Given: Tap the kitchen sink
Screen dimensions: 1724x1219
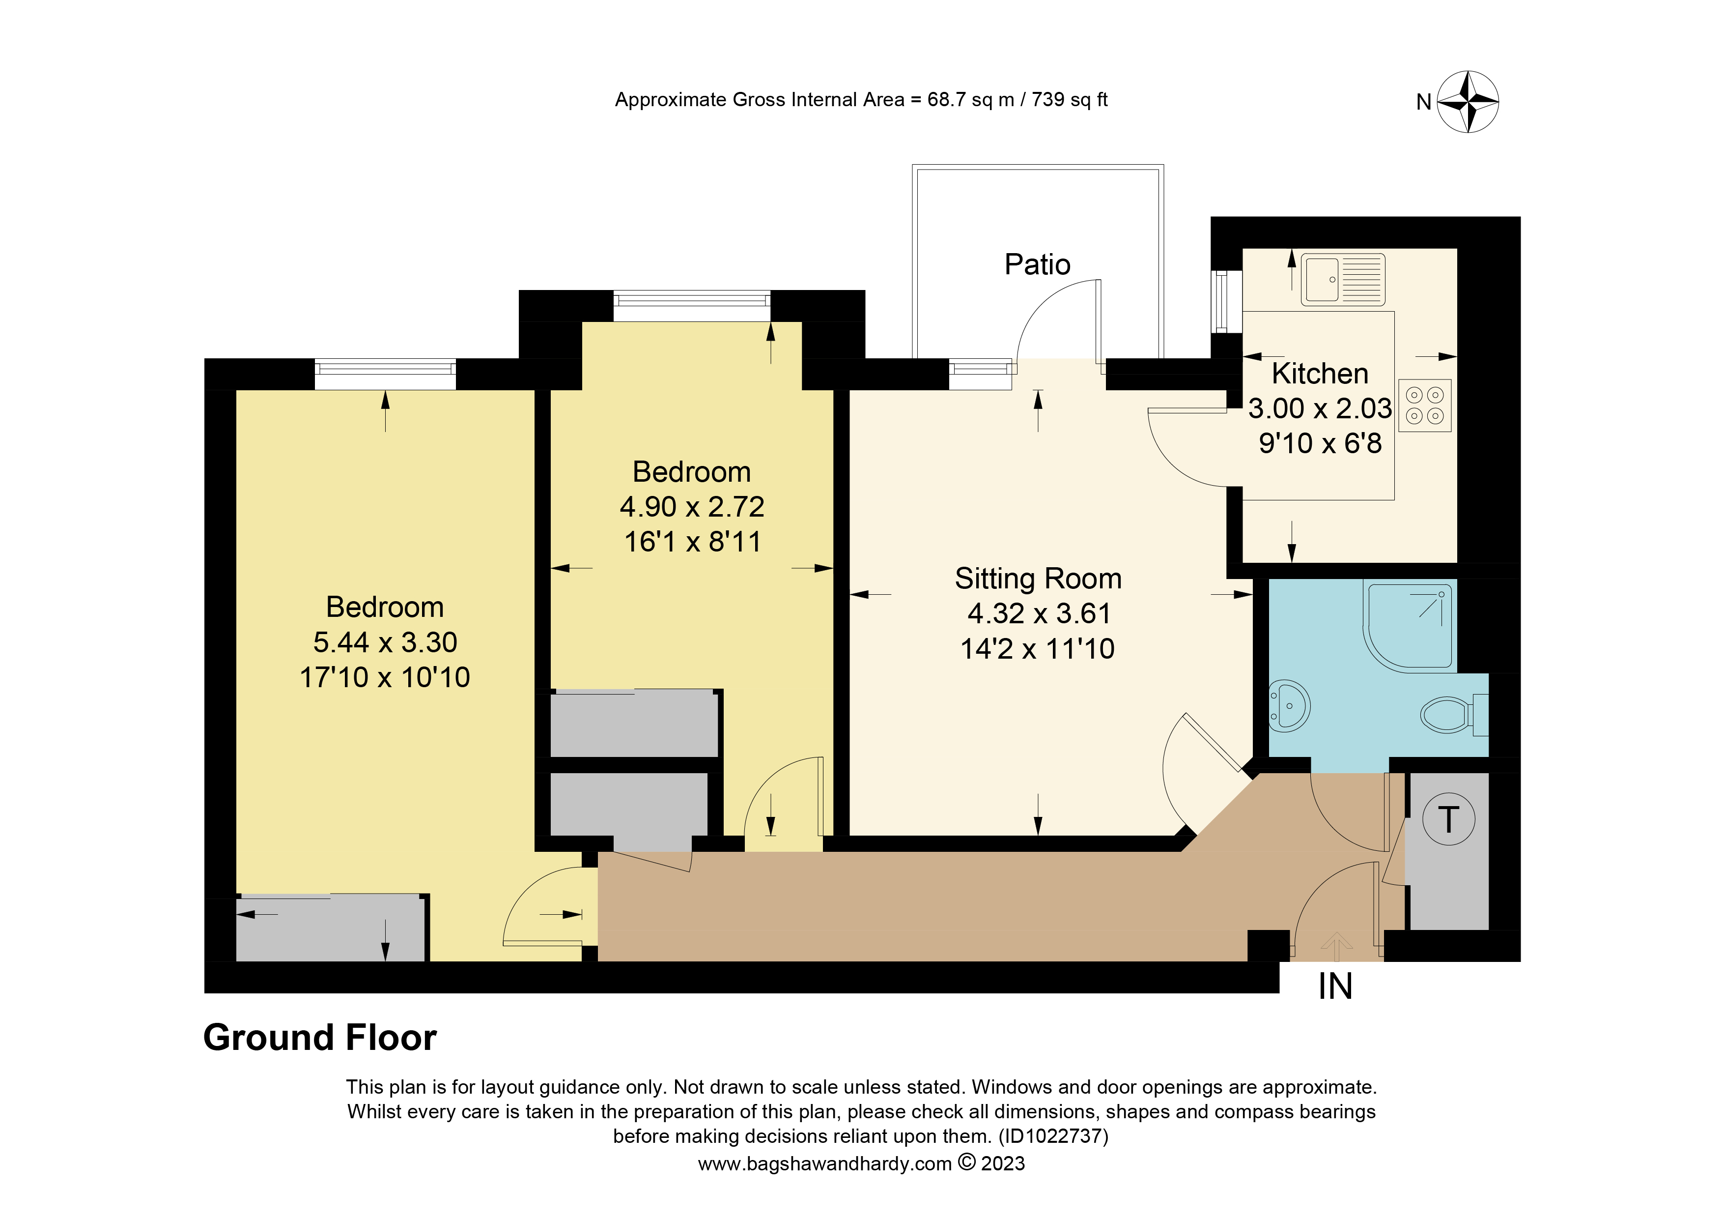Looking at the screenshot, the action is (1343, 279).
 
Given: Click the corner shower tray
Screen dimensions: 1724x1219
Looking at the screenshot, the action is (1409, 627).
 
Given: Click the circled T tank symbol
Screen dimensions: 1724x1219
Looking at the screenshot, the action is (1448, 819).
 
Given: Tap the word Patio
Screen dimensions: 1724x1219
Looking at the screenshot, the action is (1037, 264).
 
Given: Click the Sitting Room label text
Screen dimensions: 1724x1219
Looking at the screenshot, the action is (1038, 579).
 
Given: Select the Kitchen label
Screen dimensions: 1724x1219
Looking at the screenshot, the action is (1320, 373).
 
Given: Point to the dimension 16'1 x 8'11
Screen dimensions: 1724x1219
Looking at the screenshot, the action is (692, 542).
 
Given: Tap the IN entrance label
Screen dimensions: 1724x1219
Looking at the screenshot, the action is (1335, 986).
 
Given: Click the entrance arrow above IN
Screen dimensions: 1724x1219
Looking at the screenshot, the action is (1336, 946).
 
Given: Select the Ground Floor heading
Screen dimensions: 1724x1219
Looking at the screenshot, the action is (320, 1037).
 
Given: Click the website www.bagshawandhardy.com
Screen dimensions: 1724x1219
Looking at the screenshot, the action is (824, 1163).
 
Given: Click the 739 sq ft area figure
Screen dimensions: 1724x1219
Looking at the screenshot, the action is (1069, 100).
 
